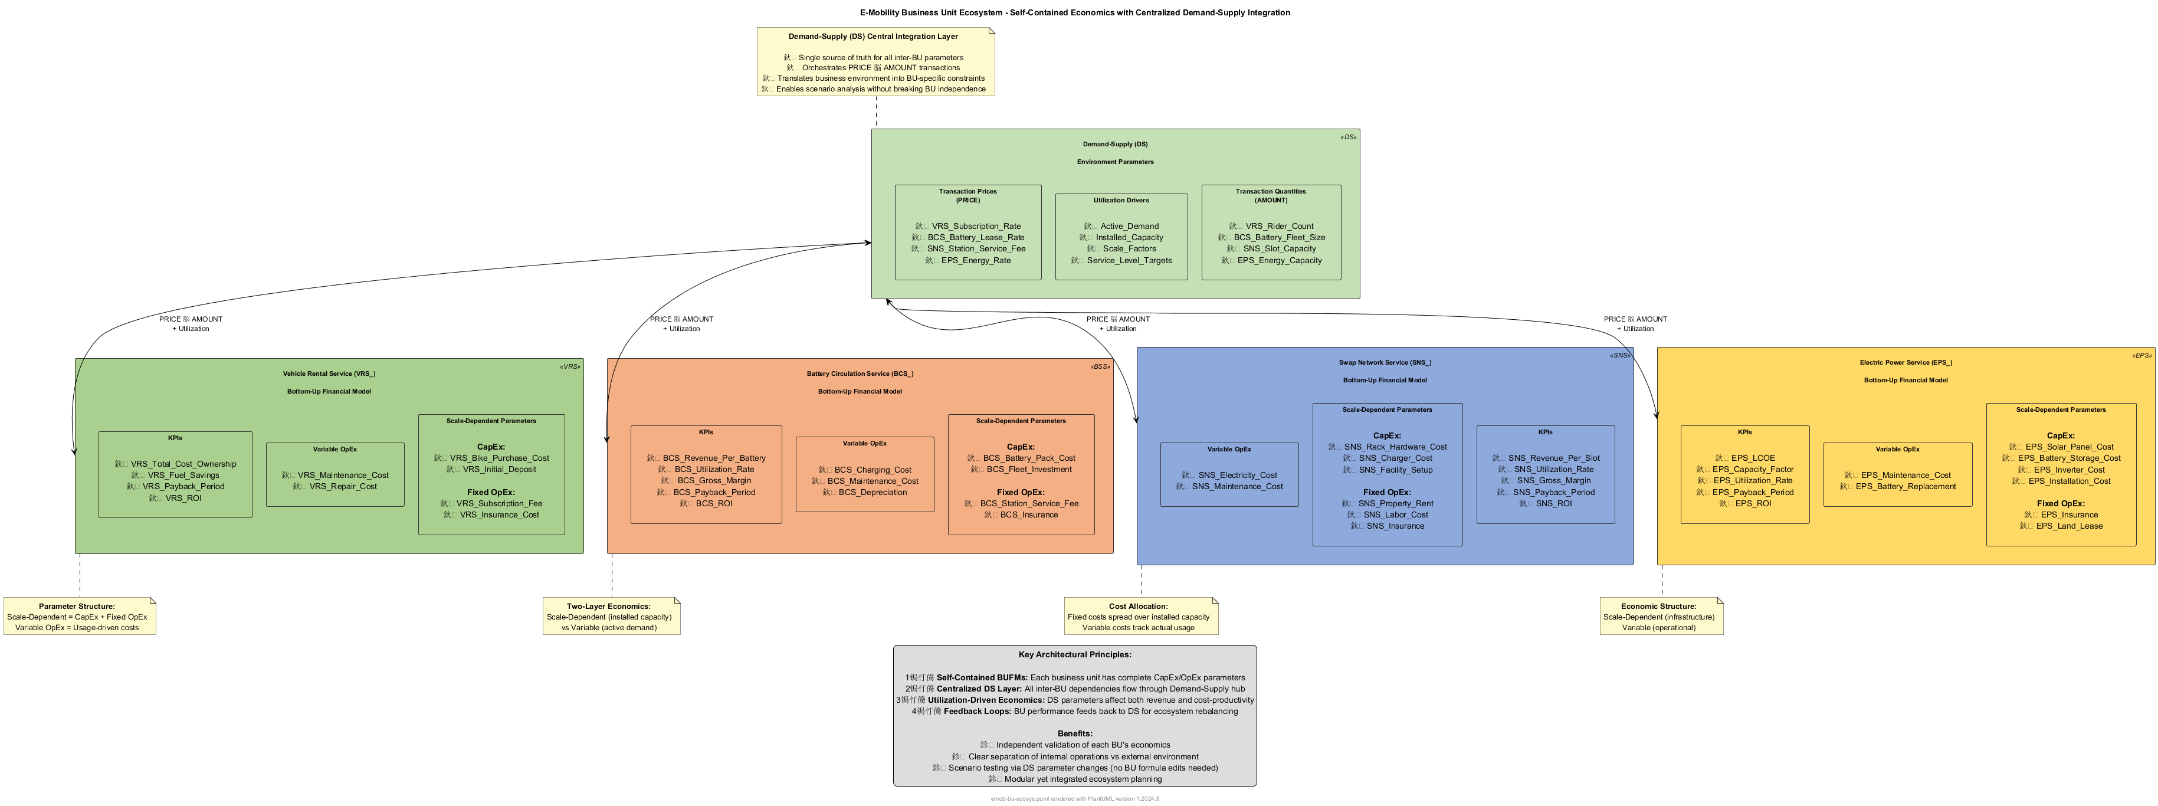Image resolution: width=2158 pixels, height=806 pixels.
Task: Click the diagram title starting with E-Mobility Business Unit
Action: coord(1075,12)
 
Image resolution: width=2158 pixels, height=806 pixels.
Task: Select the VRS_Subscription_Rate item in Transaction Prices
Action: coord(975,226)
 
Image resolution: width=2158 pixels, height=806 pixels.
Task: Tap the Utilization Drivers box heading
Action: coord(1121,200)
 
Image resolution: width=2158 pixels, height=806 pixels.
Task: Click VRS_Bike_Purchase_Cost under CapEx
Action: coord(498,458)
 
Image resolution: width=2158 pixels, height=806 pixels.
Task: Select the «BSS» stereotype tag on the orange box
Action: coord(1099,367)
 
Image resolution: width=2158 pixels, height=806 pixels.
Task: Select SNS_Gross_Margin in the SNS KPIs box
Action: coord(1552,481)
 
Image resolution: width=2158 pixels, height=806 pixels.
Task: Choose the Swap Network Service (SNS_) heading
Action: coord(1385,363)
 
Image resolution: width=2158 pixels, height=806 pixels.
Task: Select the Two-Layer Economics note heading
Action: coord(608,607)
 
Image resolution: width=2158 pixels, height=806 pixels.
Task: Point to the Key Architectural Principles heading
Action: coord(1075,655)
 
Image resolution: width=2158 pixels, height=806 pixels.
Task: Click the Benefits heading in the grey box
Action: coord(1075,734)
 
